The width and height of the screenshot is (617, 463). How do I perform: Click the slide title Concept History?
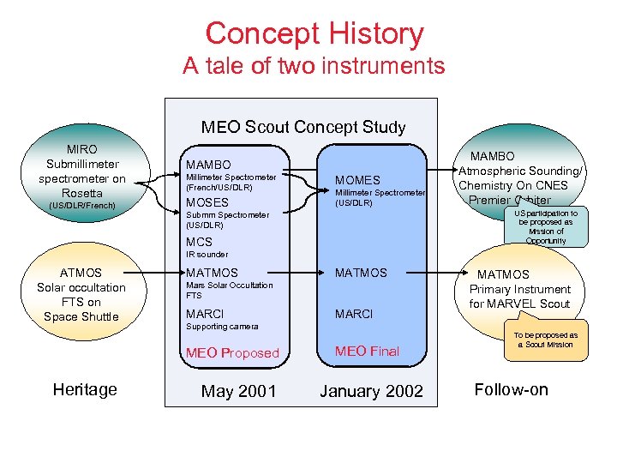[x=314, y=34]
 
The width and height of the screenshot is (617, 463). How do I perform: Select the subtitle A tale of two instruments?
[x=314, y=66]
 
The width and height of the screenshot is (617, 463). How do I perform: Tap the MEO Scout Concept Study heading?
[x=303, y=128]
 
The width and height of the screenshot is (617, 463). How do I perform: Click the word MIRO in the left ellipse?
[x=82, y=149]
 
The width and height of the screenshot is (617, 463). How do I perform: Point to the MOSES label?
[x=207, y=202]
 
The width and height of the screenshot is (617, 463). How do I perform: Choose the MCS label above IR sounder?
[x=199, y=242]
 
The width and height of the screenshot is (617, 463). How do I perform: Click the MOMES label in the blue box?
[x=357, y=180]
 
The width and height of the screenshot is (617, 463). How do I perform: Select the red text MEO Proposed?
[x=232, y=352]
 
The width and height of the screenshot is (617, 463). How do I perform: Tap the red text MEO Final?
[x=367, y=351]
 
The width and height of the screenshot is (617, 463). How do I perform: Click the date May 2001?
[x=238, y=391]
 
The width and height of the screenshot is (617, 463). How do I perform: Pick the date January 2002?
[x=371, y=391]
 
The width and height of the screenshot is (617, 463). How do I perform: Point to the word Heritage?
[x=85, y=389]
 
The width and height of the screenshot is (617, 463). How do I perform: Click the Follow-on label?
[x=511, y=389]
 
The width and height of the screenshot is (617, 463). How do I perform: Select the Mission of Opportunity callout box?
[x=546, y=226]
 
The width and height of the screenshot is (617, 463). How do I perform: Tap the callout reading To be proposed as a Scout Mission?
[x=545, y=340]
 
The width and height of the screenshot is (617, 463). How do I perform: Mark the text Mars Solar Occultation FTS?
[x=229, y=290]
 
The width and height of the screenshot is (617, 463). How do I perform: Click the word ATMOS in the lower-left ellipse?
[x=81, y=274]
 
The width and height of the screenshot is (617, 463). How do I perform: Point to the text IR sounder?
[x=207, y=255]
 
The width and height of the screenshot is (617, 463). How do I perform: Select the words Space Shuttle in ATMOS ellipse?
[x=81, y=316]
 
